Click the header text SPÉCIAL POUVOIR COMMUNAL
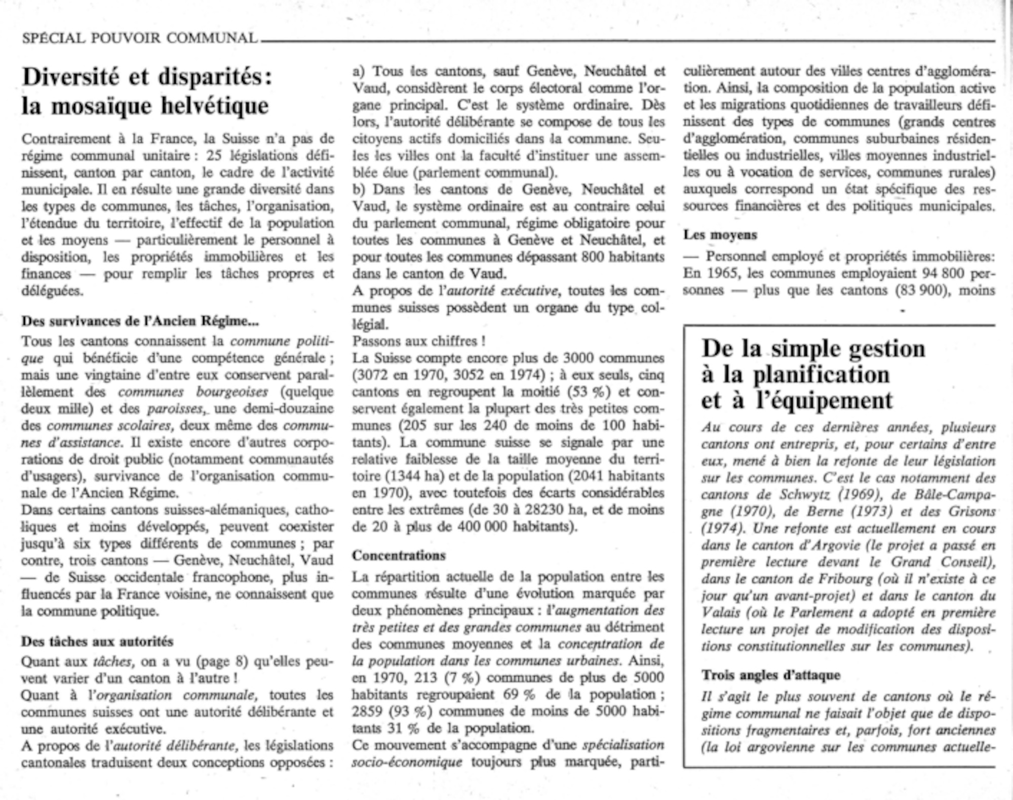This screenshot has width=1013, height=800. point(140,38)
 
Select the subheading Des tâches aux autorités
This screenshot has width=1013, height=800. point(97,641)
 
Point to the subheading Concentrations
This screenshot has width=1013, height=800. point(399,555)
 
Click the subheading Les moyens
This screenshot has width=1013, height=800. point(720,235)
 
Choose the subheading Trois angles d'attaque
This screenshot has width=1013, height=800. point(770,675)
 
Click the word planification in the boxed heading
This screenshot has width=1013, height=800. point(821,375)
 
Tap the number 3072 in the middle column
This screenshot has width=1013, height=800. point(375,375)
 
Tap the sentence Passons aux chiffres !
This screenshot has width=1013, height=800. point(415,341)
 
